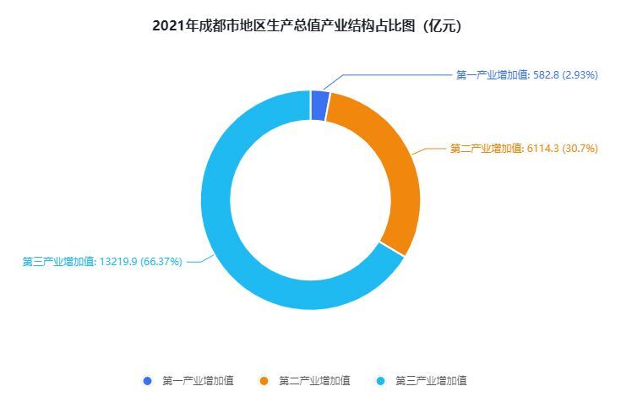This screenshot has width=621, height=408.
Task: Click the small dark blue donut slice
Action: coord(319,106)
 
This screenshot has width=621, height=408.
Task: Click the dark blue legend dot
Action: coord(148,381)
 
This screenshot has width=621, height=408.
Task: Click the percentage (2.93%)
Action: coord(580,75)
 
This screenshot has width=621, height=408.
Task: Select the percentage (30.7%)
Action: coord(580,149)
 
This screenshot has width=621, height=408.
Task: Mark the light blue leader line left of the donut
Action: coord(194,262)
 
